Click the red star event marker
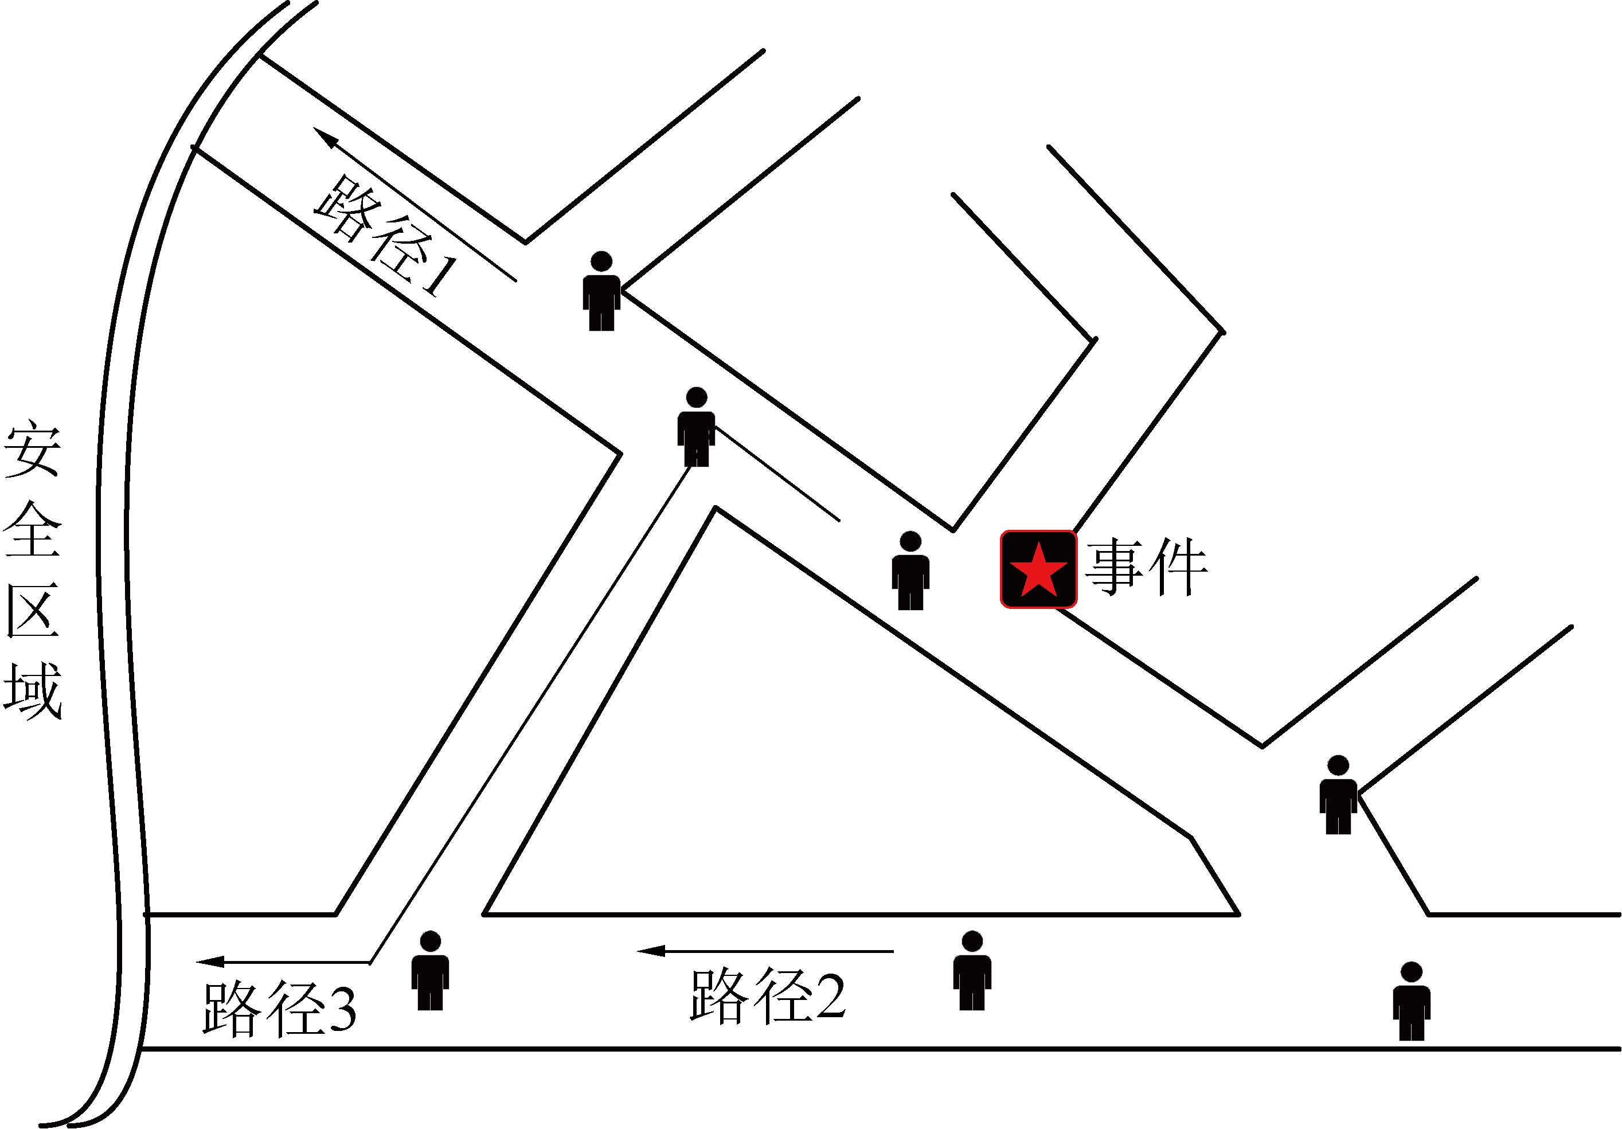pos(1038,569)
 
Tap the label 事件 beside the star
pos(1147,567)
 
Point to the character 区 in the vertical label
pos(33,610)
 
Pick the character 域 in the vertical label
pos(33,690)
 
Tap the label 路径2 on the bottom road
pos(768,996)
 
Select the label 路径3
pos(280,1008)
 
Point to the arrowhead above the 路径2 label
pos(651,951)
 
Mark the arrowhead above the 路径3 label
pos(210,962)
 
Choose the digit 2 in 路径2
pos(831,996)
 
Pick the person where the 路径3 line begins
pos(697,427)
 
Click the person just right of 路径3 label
pos(430,971)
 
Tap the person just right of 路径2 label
pos(972,971)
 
